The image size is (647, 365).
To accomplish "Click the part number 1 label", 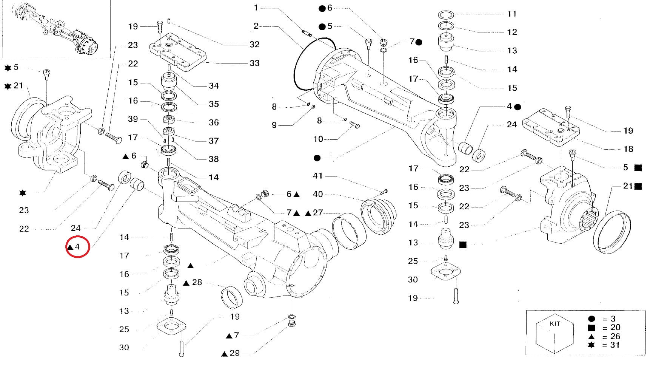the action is [256, 8].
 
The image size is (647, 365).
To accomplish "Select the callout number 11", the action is [511, 14].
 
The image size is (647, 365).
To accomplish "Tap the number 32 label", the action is [254, 44].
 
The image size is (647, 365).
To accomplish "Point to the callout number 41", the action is [318, 176].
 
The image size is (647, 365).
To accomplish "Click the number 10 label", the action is [318, 139].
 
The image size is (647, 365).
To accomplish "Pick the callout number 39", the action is [133, 119].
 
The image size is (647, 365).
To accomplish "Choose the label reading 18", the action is [628, 149].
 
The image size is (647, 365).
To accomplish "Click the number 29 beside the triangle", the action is [234, 353].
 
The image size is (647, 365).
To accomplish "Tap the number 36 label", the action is [214, 122].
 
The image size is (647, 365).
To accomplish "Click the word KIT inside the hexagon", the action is [555, 324].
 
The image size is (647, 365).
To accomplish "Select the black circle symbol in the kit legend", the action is [592, 319].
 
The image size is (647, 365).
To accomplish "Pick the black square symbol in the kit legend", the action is [592, 328].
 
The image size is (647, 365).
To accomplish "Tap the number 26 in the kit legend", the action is [615, 336].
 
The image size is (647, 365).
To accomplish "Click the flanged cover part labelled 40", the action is [378, 215].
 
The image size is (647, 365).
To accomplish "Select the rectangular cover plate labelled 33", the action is [178, 53].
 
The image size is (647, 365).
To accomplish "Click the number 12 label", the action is [512, 32].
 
